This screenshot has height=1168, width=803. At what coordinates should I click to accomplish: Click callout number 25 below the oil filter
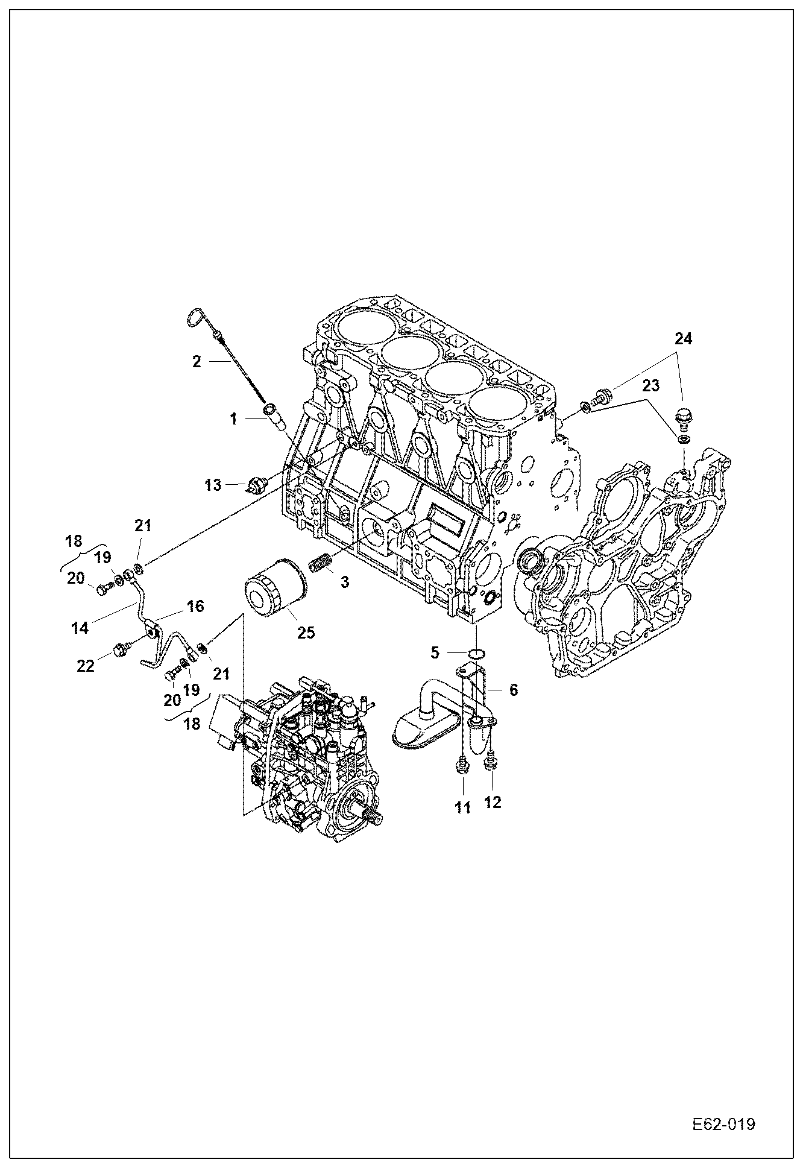(306, 633)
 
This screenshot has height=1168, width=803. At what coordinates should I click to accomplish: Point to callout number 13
(213, 485)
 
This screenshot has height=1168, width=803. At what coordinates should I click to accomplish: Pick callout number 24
(683, 339)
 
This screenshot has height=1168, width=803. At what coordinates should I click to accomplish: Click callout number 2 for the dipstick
(196, 362)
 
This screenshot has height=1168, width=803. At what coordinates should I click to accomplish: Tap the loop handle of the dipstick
(197, 318)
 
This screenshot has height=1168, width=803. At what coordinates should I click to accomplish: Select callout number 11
(462, 807)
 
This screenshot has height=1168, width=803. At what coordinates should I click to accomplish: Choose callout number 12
(493, 803)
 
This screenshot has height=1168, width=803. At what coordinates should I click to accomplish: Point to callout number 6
(513, 690)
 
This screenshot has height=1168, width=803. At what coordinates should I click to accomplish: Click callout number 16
(195, 605)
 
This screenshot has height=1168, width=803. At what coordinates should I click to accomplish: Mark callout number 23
(651, 385)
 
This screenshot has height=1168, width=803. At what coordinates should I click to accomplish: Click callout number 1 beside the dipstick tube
(234, 418)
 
